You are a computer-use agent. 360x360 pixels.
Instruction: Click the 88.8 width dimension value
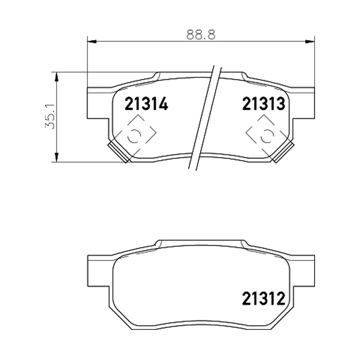click(201, 35)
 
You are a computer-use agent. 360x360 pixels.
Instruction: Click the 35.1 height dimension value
click(50, 116)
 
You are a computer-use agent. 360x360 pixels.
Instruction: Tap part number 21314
click(147, 104)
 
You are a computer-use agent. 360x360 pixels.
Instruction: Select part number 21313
click(264, 104)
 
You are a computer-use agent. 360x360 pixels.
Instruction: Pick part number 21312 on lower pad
click(264, 299)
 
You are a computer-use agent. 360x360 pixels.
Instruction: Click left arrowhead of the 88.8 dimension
click(92, 41)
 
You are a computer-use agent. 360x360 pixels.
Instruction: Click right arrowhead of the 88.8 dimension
click(310, 41)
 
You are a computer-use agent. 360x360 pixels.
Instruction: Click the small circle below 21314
click(134, 136)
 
